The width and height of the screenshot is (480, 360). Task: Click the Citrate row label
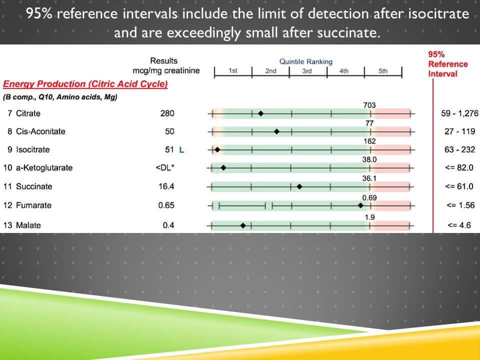pyautogui.click(x=28, y=113)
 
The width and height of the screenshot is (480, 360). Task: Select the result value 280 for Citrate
pyautogui.click(x=167, y=113)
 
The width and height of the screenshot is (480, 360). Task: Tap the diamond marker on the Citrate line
pyautogui.click(x=260, y=114)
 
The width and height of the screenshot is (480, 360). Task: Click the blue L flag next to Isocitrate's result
pyautogui.click(x=181, y=149)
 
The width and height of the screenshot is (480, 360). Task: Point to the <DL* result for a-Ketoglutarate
pyautogui.click(x=165, y=167)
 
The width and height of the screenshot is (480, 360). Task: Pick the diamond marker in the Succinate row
pyautogui.click(x=299, y=186)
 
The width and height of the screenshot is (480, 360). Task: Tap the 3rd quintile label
pyautogui.click(x=306, y=71)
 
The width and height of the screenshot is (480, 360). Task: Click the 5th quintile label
pyautogui.click(x=382, y=71)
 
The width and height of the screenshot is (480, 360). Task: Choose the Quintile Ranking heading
pyautogui.click(x=305, y=61)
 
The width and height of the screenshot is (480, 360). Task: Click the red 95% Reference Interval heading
pyautogui.click(x=447, y=64)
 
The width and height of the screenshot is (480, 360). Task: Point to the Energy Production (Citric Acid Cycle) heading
pyautogui.click(x=85, y=84)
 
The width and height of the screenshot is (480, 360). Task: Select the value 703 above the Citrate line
pyautogui.click(x=369, y=105)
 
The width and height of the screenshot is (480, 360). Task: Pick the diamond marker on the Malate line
pyautogui.click(x=243, y=225)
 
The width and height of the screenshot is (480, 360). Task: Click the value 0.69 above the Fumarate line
pyautogui.click(x=369, y=198)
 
